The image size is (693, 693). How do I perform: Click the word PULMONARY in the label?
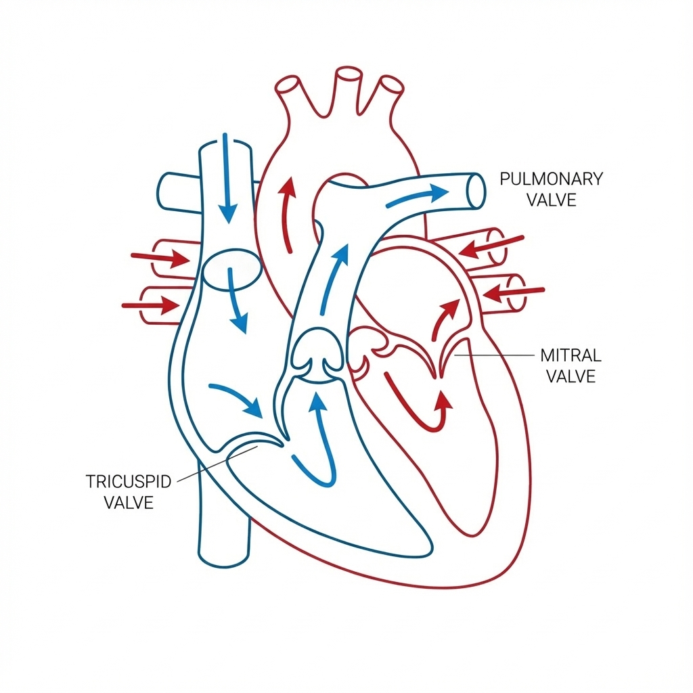(551, 179)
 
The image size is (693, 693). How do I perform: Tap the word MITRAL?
(571, 355)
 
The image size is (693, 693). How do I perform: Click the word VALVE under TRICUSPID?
(129, 503)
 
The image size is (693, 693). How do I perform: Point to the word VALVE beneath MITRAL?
(571, 376)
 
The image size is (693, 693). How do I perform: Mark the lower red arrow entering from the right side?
(514, 292)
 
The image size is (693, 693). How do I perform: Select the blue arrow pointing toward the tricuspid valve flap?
(237, 399)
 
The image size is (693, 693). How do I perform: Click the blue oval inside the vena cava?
(231, 267)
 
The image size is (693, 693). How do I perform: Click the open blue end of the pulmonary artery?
(476, 189)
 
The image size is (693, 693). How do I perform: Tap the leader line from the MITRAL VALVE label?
(494, 355)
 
